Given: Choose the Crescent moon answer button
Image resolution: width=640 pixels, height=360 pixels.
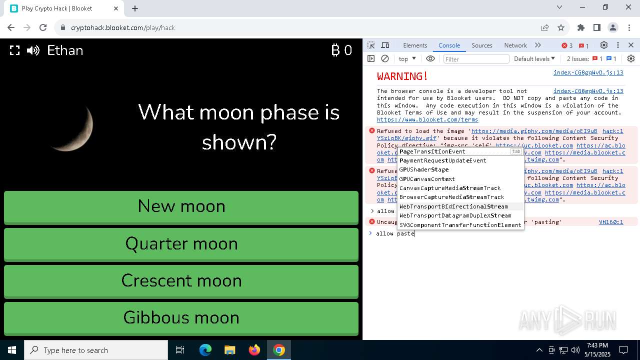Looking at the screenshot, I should [181, 281].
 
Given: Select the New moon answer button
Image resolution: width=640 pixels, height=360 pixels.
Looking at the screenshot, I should [181, 206].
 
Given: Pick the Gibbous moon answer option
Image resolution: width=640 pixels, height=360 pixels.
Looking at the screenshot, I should [181, 318].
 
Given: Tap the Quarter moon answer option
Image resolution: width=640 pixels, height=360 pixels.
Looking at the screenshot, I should [181, 244].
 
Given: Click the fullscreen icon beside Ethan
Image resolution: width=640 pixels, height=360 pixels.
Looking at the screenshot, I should [15, 50].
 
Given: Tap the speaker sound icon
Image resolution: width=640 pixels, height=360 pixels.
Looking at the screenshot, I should [33, 50].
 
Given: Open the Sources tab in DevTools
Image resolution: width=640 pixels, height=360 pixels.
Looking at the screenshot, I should [481, 45].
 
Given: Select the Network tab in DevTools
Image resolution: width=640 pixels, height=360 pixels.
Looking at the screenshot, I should [515, 45].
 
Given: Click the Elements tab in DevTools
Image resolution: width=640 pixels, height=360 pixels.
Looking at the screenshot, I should [415, 45].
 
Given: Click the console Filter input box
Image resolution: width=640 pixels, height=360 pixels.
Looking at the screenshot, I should [476, 59].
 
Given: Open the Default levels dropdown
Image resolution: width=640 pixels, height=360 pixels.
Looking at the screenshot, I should [534, 59].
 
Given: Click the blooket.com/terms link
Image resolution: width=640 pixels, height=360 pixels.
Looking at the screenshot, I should [427, 120].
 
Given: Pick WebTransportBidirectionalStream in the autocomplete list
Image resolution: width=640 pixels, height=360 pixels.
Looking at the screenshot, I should [453, 206].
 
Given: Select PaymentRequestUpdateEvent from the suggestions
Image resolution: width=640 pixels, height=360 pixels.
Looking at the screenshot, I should [442, 160].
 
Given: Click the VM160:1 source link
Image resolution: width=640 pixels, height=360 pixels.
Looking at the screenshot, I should [611, 222].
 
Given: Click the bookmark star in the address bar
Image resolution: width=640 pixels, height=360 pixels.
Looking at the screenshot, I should [561, 28].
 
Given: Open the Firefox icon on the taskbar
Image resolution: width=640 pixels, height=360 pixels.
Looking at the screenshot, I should [254, 350].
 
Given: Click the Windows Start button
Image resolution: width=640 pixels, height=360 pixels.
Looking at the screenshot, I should [12, 350].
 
